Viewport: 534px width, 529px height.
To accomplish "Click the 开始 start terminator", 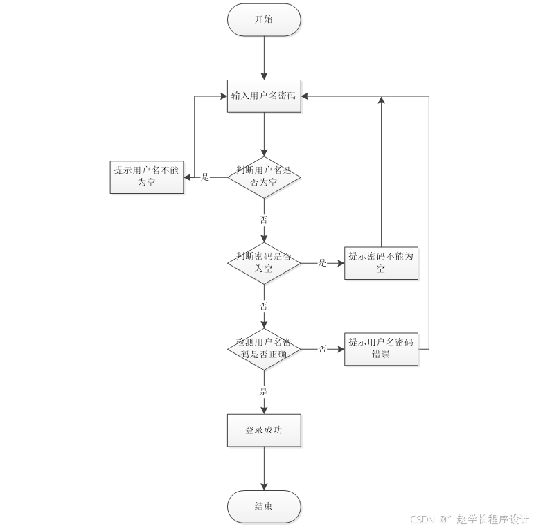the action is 264,20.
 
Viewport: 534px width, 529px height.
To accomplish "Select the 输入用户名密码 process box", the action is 264,96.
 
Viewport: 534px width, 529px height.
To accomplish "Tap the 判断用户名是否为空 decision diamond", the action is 264,177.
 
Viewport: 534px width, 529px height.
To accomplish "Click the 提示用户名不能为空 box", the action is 147,177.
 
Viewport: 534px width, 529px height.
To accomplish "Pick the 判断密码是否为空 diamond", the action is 264,263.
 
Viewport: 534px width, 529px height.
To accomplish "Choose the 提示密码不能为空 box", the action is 381,263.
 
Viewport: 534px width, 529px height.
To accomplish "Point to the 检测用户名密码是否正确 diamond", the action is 264,349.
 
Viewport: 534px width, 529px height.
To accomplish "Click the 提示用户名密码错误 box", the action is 381,349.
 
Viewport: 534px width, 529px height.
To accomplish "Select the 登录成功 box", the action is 264,430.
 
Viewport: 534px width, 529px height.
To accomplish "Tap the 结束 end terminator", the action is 264,507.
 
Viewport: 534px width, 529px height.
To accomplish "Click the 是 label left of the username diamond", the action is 205,177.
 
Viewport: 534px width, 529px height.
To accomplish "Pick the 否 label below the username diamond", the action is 264,219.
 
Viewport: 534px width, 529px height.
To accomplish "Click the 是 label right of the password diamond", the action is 322,263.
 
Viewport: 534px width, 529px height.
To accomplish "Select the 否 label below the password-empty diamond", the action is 264,305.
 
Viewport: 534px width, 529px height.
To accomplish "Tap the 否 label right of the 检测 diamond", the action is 322,348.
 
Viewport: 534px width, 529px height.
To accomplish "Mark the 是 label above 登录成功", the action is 264,391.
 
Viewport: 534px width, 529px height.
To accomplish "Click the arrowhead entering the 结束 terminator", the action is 264,487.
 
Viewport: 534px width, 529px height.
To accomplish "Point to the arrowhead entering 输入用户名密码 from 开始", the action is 264,76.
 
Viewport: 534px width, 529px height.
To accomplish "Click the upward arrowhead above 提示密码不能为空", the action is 382,100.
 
